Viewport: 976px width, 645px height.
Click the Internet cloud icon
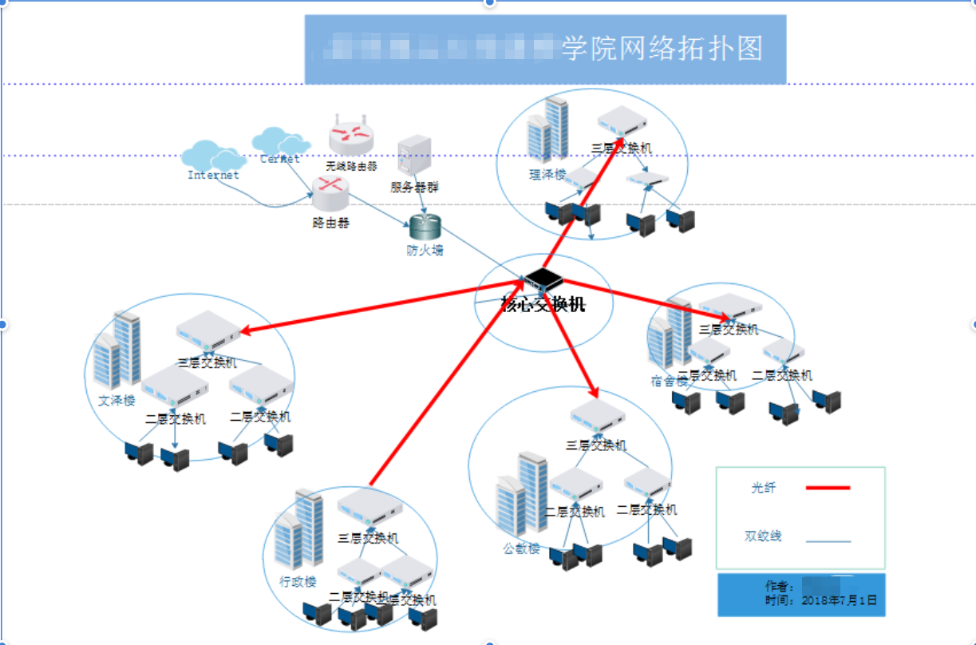pos(211,156)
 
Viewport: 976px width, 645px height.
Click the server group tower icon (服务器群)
pos(414,156)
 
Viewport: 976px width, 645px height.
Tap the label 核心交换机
pos(543,304)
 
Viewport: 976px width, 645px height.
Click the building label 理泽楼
pos(547,176)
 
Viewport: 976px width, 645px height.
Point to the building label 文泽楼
pos(117,401)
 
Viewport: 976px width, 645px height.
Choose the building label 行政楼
pos(298,582)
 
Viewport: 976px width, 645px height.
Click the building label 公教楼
pos(521,549)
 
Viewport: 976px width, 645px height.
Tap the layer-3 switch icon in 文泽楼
pos(207,329)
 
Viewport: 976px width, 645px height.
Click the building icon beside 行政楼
pos(299,531)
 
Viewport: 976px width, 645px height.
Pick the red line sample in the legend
pos(828,487)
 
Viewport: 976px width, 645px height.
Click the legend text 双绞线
pos(763,536)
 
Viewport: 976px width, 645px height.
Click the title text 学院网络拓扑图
pos(662,49)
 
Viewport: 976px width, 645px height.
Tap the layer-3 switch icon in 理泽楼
pos(622,121)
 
